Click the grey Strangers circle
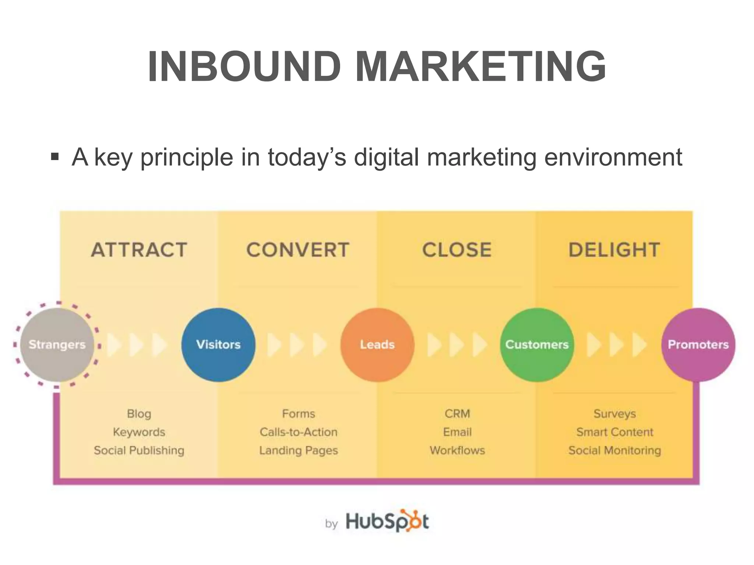tap(57, 345)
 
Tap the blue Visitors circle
tap(218, 345)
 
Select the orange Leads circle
tap(377, 345)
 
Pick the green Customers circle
tap(537, 345)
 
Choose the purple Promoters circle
tap(698, 345)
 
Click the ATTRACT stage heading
tap(139, 250)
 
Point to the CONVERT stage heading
tap(298, 250)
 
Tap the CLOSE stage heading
tap(457, 250)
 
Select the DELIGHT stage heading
tap(614, 250)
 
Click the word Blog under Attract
tap(139, 413)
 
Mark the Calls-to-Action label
tap(299, 432)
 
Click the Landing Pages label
tap(299, 450)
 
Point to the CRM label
tap(457, 413)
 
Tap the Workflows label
tap(457, 450)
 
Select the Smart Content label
tap(615, 432)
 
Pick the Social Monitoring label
tap(615, 450)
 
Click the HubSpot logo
tap(387, 521)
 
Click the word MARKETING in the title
tap(480, 67)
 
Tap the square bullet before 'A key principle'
tap(55, 157)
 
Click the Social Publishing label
tap(139, 450)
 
